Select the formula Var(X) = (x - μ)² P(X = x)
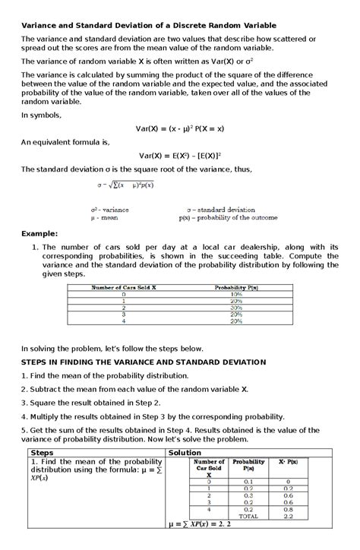coord(180,128)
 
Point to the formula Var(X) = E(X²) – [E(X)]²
coord(180,155)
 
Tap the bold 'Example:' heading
coord(39,235)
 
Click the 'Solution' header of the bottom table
coord(185,452)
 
